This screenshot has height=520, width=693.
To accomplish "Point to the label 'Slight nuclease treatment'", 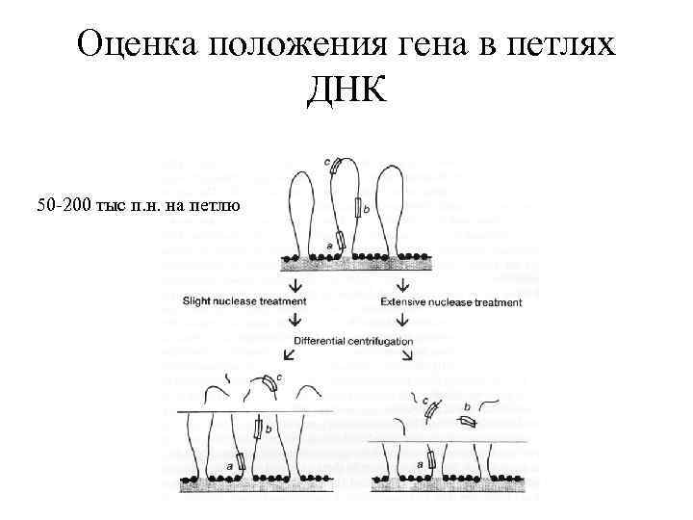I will (x=244, y=301).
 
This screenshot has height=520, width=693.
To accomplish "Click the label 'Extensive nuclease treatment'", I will (x=451, y=302).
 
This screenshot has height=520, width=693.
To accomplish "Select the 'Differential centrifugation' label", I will (x=353, y=341).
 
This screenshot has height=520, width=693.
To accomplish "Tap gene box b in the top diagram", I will (x=357, y=206).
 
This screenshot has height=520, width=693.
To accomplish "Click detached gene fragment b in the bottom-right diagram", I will (x=468, y=420).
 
